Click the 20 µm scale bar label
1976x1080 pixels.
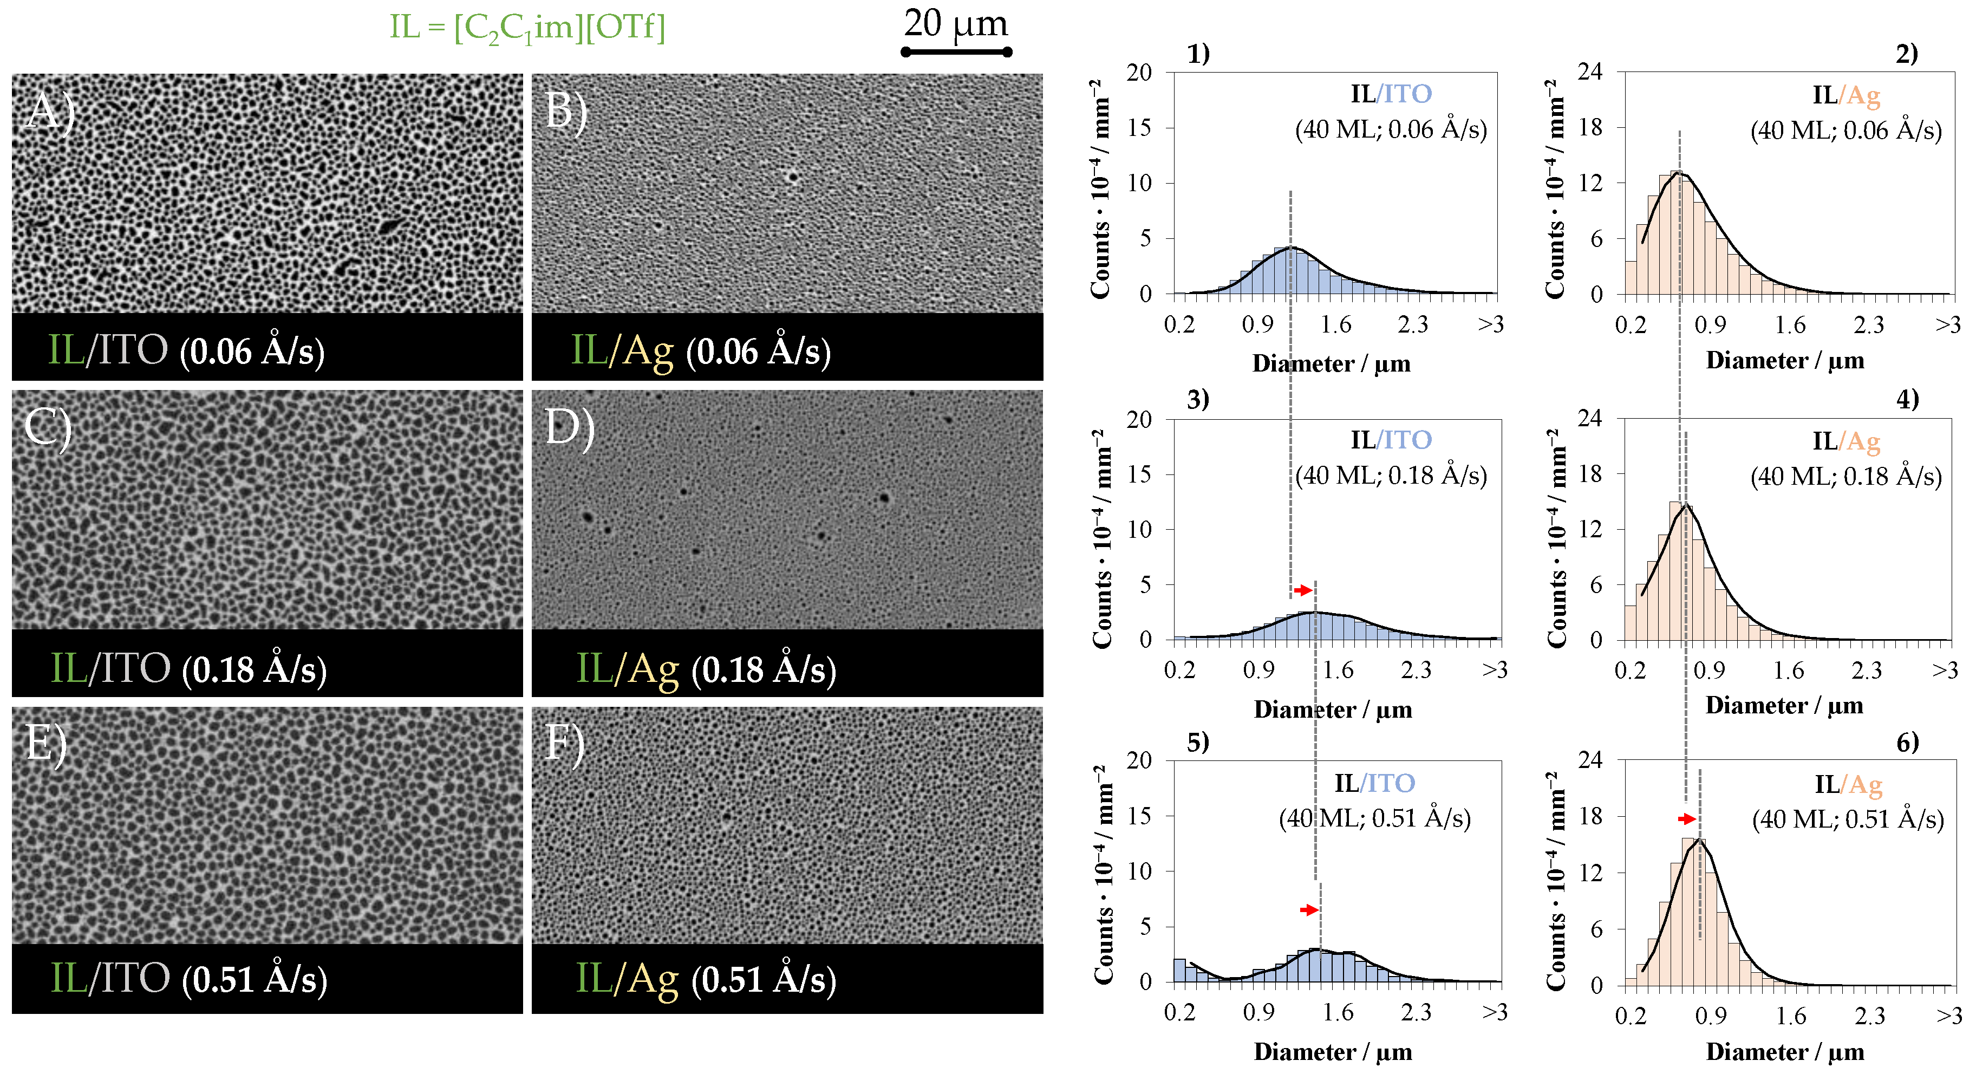coord(955,24)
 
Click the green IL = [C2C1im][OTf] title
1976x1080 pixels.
coord(527,28)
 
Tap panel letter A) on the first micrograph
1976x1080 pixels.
coord(48,112)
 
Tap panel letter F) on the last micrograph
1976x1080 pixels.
coord(564,744)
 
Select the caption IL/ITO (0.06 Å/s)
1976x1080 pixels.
coord(186,350)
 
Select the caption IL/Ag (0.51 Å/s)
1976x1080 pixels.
coord(706,979)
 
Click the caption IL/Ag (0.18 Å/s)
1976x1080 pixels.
coord(706,669)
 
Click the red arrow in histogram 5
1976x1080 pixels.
coord(1309,910)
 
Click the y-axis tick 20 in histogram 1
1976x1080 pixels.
coord(1139,73)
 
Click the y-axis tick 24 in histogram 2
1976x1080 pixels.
coord(1590,72)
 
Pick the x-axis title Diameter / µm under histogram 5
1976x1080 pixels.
coord(1333,1052)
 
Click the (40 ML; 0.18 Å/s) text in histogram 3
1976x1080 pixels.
coord(1391,476)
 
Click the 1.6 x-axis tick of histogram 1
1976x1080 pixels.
coord(1335,324)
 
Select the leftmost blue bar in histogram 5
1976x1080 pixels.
coord(1179,970)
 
